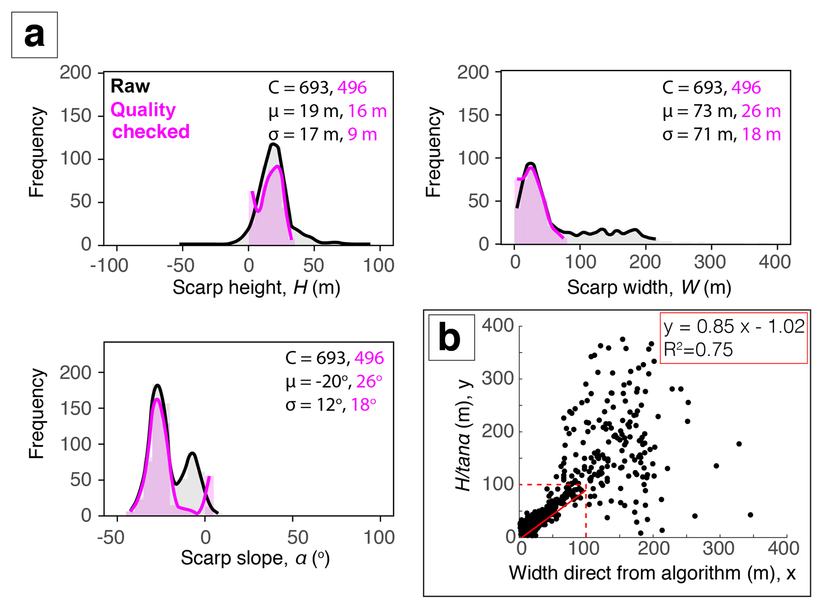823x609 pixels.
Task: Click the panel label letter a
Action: [34, 35]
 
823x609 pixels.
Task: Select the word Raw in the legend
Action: [130, 86]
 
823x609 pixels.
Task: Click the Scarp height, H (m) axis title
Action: [256, 287]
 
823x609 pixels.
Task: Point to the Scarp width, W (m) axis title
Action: [649, 287]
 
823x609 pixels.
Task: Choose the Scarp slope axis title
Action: [255, 558]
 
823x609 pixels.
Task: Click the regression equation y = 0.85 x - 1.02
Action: [733, 327]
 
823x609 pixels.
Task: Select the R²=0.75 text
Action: [698, 350]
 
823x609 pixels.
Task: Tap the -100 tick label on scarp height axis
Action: [109, 265]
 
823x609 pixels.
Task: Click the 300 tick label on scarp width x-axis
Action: [710, 262]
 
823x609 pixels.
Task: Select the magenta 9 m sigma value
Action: [362, 134]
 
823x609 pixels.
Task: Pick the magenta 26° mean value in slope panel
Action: [369, 381]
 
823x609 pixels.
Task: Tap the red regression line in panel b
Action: [553, 513]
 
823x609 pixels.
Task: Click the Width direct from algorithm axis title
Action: [652, 573]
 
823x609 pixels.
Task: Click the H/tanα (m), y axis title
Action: [464, 436]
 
